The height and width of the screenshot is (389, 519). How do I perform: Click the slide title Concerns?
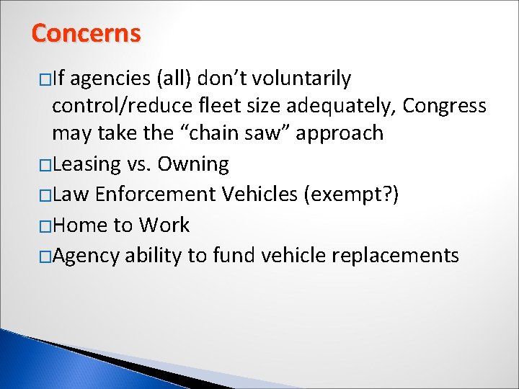pos(86,33)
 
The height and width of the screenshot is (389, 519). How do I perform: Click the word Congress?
pos(445,106)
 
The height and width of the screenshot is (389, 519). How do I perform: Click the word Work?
pos(165,225)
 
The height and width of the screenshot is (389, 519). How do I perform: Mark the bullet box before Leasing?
pos(45,165)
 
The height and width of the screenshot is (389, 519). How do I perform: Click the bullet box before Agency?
pos(45,256)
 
